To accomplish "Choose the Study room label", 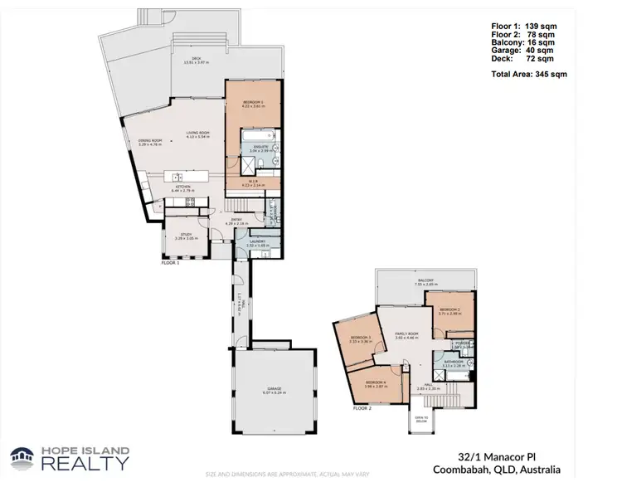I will coord(187,236).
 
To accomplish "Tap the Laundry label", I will coord(256,243).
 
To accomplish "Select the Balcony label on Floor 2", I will coord(426,281).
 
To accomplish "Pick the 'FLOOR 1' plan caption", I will coord(169,262).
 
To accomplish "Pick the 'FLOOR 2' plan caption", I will coord(362,409).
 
